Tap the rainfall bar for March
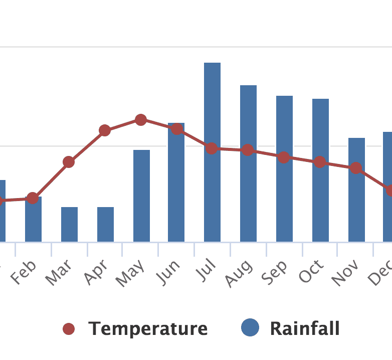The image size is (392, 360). click(x=69, y=224)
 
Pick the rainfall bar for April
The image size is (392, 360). click(x=105, y=224)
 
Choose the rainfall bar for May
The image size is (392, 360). click(x=141, y=196)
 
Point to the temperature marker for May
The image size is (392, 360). click(x=141, y=120)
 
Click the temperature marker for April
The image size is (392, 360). click(x=105, y=130)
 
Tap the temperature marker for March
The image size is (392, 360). click(x=69, y=162)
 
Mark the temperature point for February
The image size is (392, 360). click(x=33, y=198)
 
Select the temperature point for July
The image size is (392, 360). click(x=212, y=148)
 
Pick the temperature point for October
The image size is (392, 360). click(x=320, y=162)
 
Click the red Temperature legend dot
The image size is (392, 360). click(x=69, y=329)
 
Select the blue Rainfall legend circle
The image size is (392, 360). click(x=250, y=328)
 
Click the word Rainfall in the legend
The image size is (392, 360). click(x=305, y=329)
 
